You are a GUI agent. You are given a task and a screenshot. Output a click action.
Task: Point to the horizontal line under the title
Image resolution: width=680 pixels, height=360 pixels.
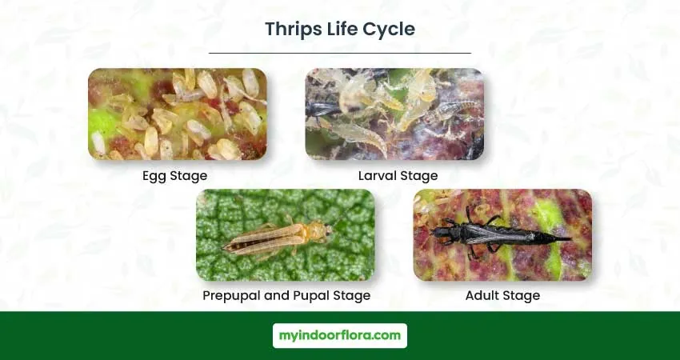click(x=340, y=53)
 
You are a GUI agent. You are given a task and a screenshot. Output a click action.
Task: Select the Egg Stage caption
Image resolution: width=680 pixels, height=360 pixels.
click(x=174, y=176)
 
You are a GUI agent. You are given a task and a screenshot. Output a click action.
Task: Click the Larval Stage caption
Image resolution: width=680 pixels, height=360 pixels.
click(x=398, y=176)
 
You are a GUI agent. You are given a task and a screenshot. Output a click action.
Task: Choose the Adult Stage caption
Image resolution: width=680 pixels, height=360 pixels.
click(x=502, y=296)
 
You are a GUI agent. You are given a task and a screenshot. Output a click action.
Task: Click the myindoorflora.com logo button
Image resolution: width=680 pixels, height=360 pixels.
click(x=340, y=336)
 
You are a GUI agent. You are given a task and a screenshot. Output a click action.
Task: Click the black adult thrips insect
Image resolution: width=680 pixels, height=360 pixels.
click(x=498, y=234)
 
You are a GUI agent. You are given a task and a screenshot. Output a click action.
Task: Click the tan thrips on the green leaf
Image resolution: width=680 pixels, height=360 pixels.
click(x=278, y=238)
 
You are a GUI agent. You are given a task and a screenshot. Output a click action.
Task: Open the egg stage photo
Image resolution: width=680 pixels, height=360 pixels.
click(x=178, y=114)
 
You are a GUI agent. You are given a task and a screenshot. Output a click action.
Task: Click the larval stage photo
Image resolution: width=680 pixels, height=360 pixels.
click(x=394, y=114)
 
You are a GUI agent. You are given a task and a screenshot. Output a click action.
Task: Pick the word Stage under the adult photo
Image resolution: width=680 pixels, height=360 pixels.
click(x=522, y=296)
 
